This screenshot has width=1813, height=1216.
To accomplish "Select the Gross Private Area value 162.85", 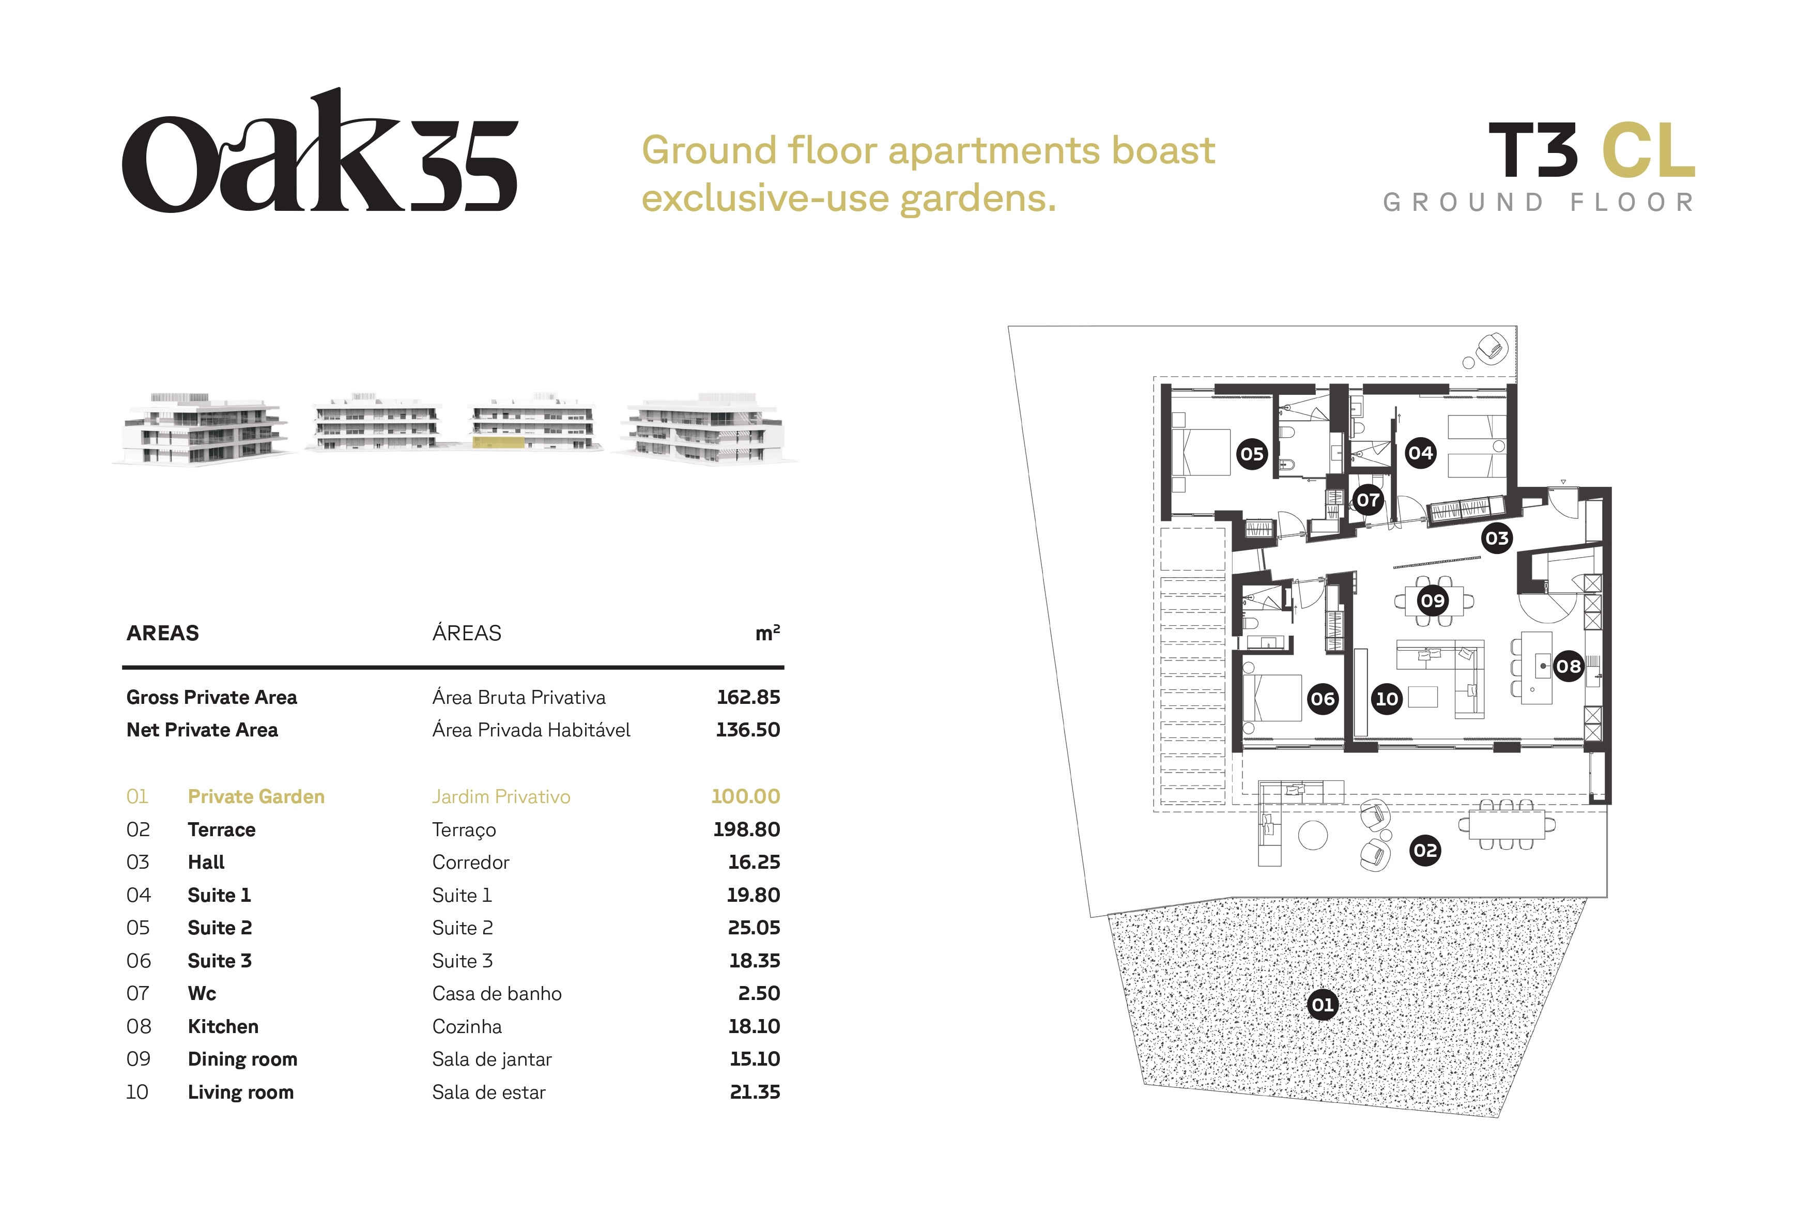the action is point(748,697).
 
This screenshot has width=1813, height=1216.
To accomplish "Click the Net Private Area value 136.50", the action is point(747,730).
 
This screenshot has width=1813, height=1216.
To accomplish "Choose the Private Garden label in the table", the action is point(256,796).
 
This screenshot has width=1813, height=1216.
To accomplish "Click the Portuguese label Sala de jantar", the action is point(491,1059).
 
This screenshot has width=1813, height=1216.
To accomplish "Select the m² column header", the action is point(767,633).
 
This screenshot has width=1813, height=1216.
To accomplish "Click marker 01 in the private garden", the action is point(1322,1005).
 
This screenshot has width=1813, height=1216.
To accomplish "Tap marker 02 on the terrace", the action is point(1424,850).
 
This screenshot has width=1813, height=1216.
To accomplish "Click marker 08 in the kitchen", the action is point(1568,666).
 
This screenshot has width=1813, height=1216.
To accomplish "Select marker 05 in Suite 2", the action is point(1252,454).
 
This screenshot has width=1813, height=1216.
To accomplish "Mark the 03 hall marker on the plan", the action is point(1497,538).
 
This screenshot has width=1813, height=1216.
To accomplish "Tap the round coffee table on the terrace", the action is point(1313,835).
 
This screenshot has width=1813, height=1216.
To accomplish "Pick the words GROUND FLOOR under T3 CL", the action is point(1539,203).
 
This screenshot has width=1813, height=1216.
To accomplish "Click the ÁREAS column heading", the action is point(467,633).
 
